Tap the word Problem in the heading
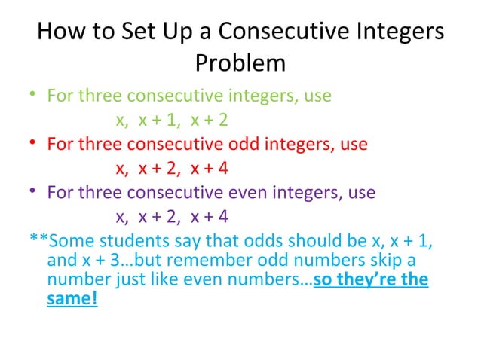240,63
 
